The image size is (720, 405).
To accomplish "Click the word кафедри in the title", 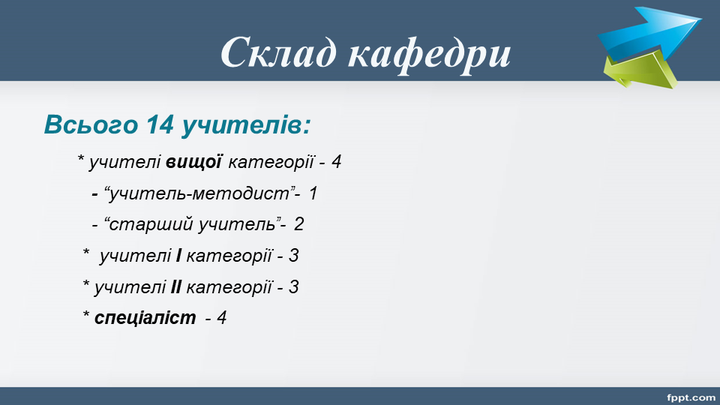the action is click(429, 54).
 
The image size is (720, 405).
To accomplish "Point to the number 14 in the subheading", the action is click(160, 124).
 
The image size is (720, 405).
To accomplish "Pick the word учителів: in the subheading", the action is click(247, 125).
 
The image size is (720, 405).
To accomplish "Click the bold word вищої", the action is click(193, 162).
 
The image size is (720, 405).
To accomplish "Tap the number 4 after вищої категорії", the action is click(336, 162).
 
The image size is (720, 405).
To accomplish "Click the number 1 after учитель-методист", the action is click(313, 193).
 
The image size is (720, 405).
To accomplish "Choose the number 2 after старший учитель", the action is click(299, 224).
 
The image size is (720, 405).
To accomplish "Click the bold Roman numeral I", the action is click(178, 256).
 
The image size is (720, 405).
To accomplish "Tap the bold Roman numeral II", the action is click(175, 287).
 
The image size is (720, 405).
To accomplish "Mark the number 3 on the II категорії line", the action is click(294, 287).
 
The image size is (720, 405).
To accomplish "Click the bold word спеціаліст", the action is click(145, 318).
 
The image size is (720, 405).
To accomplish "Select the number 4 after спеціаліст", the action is click(222, 318).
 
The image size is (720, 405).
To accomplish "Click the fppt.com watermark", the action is click(691, 397).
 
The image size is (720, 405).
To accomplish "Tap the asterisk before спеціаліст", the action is click(85, 314).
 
